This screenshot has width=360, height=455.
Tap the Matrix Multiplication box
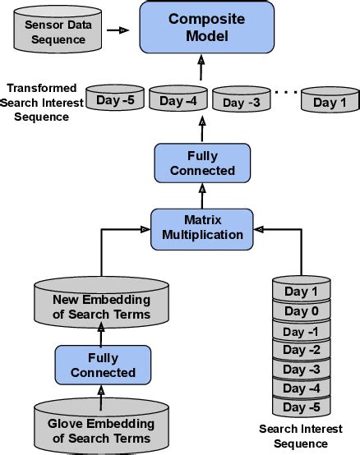pos(201,227)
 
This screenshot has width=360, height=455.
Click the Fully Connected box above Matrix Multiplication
pos(198,163)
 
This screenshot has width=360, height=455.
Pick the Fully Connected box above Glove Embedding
pos(103,365)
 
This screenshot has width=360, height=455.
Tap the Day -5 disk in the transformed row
pos(115,100)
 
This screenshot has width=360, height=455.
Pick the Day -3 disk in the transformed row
pos(241,102)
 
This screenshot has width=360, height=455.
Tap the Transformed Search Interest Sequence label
pos(41,102)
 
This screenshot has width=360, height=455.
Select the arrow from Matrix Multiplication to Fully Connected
pos(200,195)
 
